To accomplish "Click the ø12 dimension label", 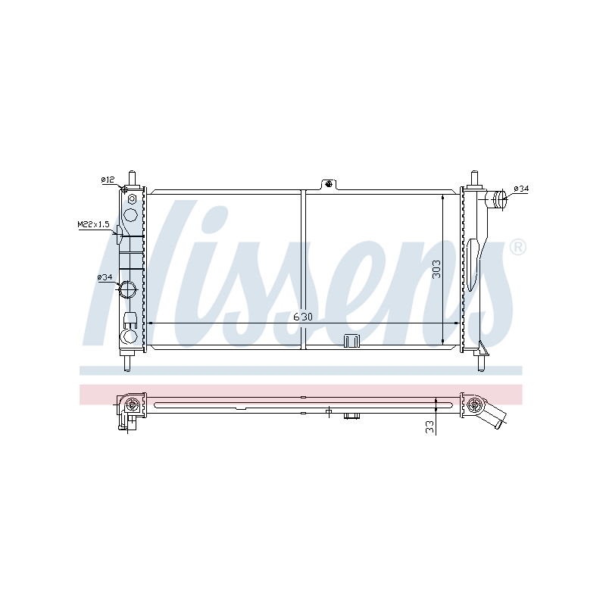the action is [x=108, y=180].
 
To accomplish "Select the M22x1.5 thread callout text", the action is [x=93, y=224].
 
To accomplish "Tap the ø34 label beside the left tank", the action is [x=105, y=277].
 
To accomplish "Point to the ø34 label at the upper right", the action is [x=521, y=189].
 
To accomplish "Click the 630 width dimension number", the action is [x=303, y=317].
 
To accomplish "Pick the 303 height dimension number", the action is [x=436, y=269].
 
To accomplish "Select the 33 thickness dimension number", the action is [x=430, y=426].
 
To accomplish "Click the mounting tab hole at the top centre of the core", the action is [x=329, y=183].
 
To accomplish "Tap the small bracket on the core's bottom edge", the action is [x=351, y=342].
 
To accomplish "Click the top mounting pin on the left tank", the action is [x=132, y=179].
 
